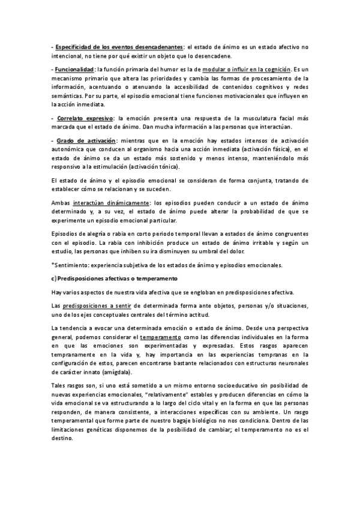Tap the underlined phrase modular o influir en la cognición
[x=247, y=70]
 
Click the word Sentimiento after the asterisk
[x=73, y=265]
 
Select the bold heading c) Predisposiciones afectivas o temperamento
[x=107, y=279]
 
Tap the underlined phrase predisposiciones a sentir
[x=98, y=306]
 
